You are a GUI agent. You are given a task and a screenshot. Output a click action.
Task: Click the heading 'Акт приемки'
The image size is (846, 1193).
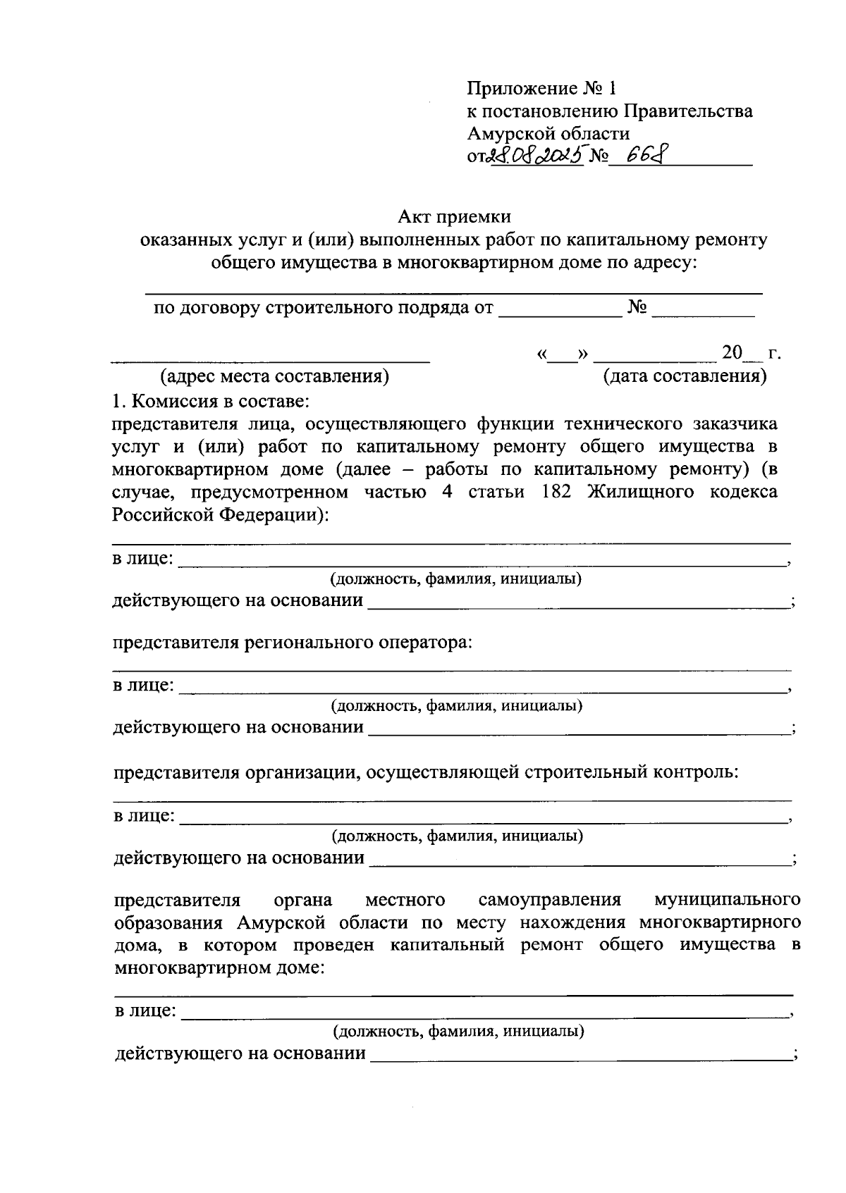coord(454,217)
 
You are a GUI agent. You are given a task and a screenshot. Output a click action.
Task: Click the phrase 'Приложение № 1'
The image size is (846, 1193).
coord(541,89)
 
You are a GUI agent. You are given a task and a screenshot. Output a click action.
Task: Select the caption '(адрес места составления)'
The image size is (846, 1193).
coord(275,376)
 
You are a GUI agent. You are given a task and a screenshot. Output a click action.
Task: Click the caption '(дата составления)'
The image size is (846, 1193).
coord(685,376)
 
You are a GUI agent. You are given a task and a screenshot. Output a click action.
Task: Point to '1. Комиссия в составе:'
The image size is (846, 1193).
coord(209,402)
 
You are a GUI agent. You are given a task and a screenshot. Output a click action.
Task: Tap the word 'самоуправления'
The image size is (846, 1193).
coord(549,900)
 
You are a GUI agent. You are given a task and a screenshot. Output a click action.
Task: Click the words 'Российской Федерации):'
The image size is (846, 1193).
coord(221,515)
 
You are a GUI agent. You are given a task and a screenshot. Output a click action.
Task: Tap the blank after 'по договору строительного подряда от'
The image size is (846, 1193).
coord(560,310)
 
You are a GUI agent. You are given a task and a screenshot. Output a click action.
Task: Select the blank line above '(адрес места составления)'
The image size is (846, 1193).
coord(271,356)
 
